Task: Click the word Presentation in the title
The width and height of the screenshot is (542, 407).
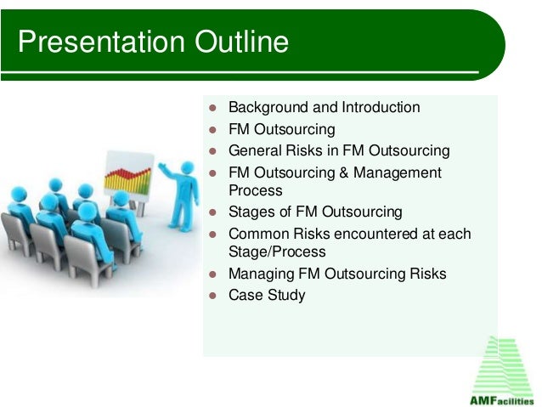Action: coord(101,42)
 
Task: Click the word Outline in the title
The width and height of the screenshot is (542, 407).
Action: coord(241,42)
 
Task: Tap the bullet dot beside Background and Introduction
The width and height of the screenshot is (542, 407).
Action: coord(212,108)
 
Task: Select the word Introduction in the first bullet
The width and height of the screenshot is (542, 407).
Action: coord(381,107)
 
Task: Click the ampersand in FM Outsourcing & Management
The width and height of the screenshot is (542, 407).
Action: coord(343,172)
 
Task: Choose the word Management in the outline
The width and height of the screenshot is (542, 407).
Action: coord(398,172)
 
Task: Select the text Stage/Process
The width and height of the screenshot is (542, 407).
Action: coord(277,252)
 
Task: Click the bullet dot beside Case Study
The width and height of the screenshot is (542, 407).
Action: coord(212,296)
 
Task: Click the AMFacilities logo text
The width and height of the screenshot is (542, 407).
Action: coord(501,401)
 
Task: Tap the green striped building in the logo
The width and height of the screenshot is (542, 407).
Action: coord(503,366)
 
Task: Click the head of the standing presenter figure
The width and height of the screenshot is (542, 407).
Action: coord(188,167)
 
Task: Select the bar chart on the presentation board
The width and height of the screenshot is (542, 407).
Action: coord(127,180)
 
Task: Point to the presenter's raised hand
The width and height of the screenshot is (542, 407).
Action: coord(162,166)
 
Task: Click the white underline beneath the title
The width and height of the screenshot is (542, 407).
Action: coord(240,72)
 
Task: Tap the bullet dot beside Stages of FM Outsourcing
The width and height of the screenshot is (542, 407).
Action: coord(212,212)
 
